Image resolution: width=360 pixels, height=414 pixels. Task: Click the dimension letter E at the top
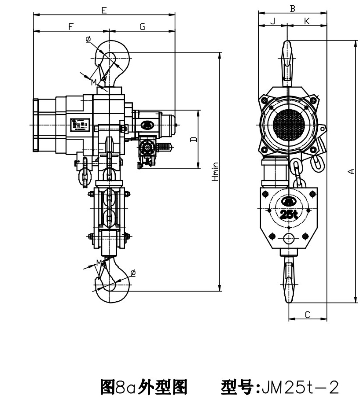tap(104, 10)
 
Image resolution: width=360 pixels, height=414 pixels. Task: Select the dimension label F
tap(70, 27)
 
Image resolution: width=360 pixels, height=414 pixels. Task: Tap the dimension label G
tap(142, 27)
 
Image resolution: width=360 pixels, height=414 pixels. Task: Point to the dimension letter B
tap(292, 8)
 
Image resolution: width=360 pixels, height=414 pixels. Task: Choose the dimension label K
tap(307, 21)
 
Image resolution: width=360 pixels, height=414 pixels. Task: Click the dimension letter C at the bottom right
tap(308, 314)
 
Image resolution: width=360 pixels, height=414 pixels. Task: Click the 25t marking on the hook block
tap(289, 214)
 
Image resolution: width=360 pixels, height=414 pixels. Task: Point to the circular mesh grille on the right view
tap(288, 125)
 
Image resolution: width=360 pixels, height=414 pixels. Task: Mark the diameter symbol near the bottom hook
tap(133, 273)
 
